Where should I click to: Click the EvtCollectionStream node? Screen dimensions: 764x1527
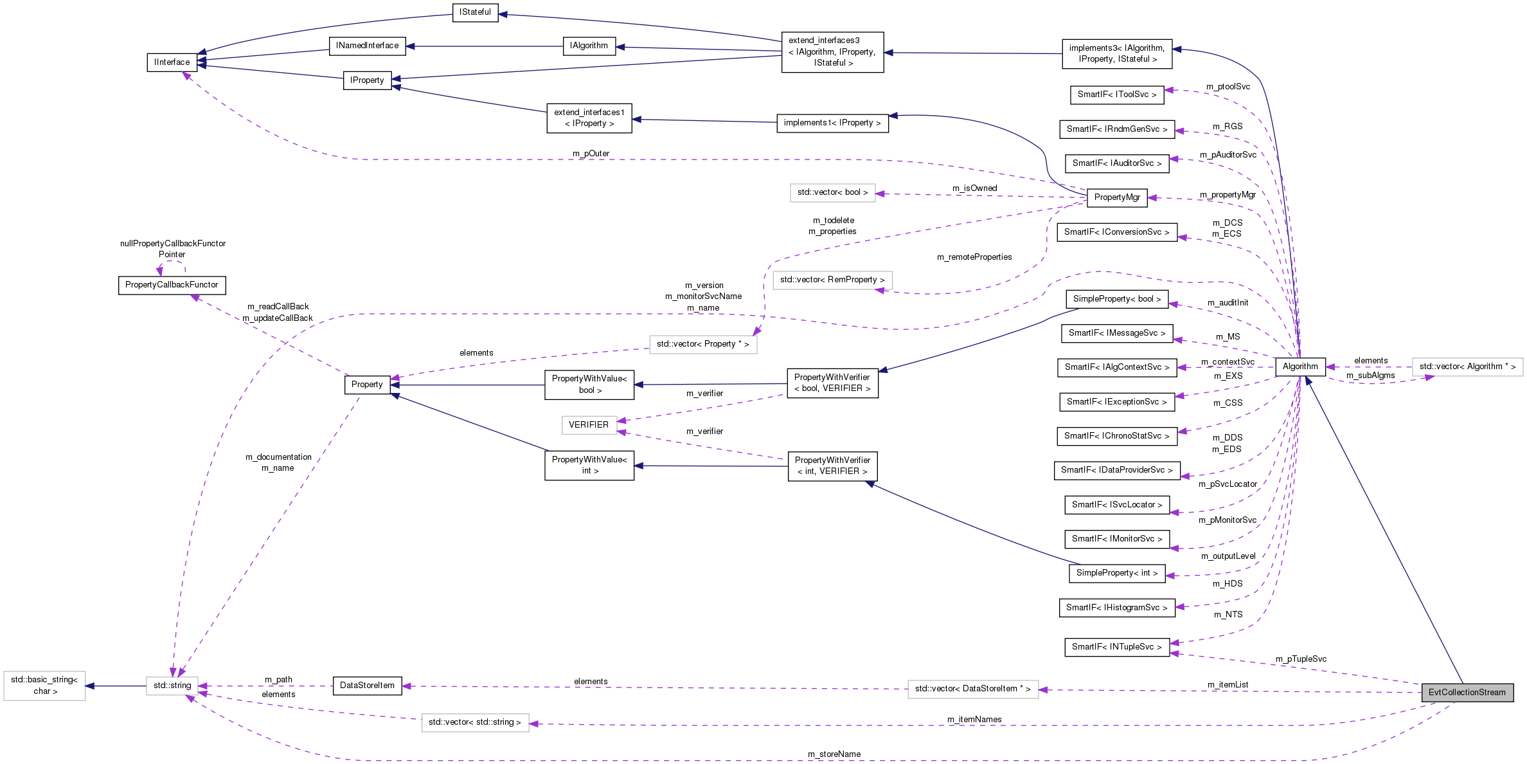1467,693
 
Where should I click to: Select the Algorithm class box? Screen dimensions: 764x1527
1300,367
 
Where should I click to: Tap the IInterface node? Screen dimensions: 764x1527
172,62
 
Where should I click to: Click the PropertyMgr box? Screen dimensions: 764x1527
1117,197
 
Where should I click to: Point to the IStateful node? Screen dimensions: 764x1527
475,12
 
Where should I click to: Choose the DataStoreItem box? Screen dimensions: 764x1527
367,686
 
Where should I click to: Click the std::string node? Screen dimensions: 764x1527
172,686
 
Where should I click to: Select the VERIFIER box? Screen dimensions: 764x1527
589,425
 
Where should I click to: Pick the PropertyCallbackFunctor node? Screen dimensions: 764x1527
172,285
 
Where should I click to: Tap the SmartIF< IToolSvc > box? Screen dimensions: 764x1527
1117,95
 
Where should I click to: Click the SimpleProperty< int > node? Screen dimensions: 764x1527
1117,573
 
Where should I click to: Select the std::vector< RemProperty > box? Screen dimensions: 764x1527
832,280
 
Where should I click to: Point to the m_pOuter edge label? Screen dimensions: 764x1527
591,154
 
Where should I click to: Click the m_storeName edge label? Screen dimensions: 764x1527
834,754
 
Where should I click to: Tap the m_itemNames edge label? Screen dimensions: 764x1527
974,720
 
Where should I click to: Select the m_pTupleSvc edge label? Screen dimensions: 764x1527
1301,659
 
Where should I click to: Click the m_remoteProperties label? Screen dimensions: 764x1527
974,257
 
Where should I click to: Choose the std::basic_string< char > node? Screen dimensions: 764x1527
44,686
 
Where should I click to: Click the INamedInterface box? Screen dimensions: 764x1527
368,46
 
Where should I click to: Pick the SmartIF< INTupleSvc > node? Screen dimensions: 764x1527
1117,647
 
